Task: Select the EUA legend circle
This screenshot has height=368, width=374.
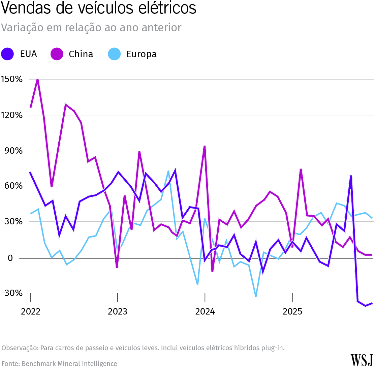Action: coord(7,54)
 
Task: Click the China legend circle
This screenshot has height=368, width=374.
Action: coord(57,54)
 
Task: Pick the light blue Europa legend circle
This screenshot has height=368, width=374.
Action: coord(114,54)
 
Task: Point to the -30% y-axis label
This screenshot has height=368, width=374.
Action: coord(12,293)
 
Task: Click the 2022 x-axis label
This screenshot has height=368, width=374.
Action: coord(30,311)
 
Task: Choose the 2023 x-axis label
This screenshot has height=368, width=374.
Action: coord(117,311)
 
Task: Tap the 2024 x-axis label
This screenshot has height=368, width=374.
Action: coord(205,311)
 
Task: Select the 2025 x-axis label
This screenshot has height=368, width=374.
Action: coord(292,311)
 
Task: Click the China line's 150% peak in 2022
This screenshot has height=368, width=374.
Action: coord(37,79)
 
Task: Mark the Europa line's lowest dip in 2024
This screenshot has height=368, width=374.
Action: coord(256,296)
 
